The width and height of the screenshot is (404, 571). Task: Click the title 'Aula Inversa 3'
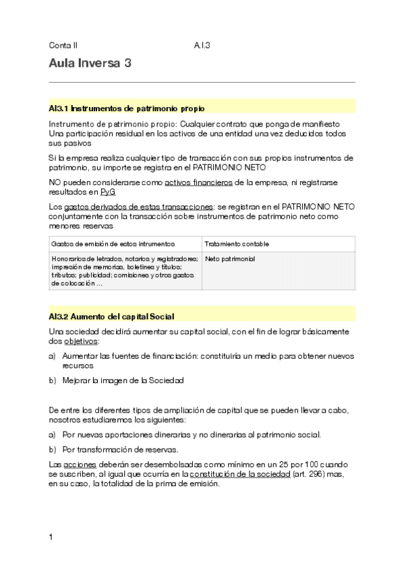point(90,64)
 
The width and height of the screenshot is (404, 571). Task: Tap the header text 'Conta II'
point(63,46)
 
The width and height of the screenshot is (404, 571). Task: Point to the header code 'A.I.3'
point(202,46)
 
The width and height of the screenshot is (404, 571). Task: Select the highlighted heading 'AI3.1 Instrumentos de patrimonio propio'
point(127,108)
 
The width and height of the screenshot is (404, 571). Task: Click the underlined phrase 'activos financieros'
point(198,182)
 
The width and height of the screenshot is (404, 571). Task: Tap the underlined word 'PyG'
point(108,192)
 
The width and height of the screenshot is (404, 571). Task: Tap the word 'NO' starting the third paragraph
point(55,182)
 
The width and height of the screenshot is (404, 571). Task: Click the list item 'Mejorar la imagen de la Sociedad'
point(122,380)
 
